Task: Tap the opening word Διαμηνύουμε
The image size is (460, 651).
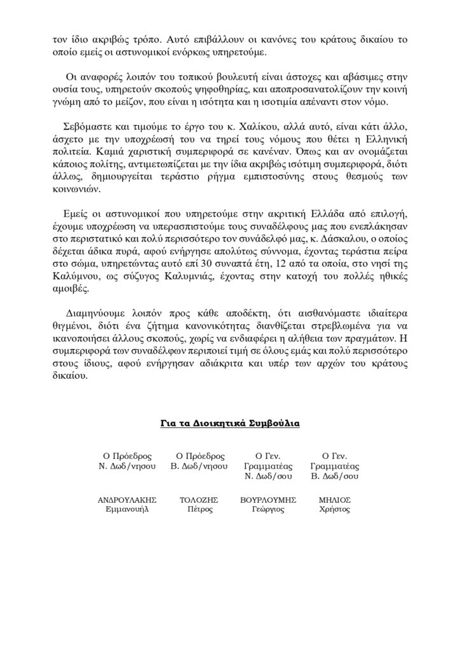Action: coord(102,313)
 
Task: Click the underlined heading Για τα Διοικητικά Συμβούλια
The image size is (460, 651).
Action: coord(229,423)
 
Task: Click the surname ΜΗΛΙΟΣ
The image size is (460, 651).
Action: coord(335,500)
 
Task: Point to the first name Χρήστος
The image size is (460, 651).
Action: coord(335,510)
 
